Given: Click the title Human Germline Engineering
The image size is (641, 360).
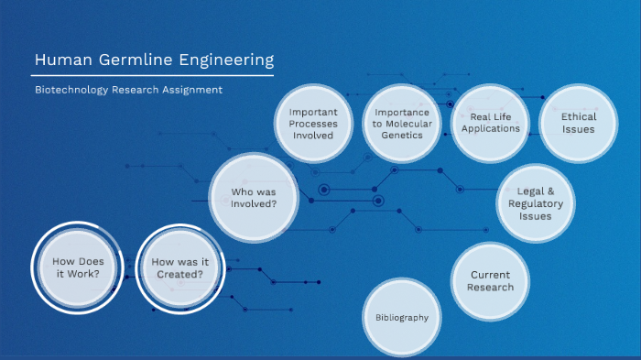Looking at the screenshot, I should click(x=154, y=61).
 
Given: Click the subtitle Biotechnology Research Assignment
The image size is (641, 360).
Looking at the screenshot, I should click(x=129, y=90).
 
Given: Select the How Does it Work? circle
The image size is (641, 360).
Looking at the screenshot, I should click(x=71, y=267).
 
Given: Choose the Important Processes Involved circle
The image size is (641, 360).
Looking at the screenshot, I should click(x=313, y=124).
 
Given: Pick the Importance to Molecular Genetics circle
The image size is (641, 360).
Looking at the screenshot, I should click(x=402, y=124).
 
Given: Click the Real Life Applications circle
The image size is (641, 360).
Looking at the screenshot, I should click(x=491, y=123).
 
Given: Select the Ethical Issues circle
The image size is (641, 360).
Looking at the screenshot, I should click(x=578, y=123).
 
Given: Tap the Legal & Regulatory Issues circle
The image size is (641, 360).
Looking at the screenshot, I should click(x=536, y=203).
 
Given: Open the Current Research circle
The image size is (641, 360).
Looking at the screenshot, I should click(x=490, y=281).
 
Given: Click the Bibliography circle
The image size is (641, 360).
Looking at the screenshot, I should click(x=402, y=317).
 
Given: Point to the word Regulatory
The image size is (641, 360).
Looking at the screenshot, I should click(x=536, y=203).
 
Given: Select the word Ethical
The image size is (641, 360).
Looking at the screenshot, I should click(x=578, y=116).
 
